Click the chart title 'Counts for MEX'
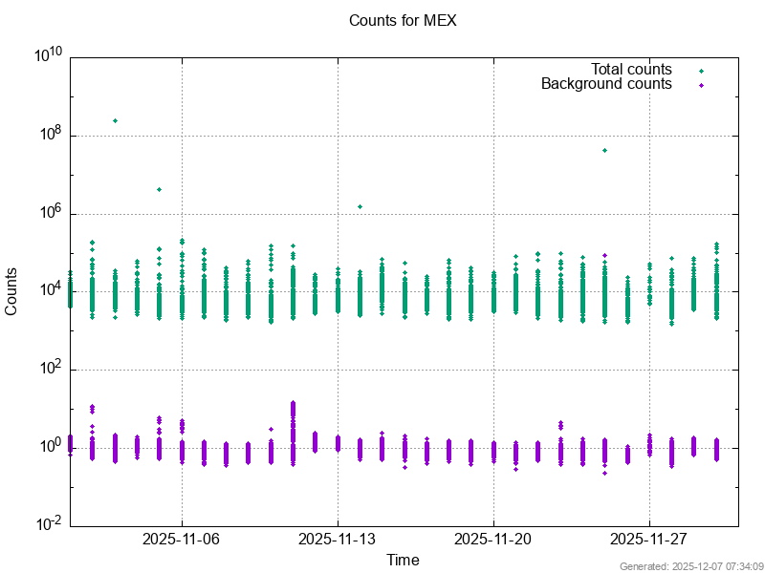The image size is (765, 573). click(x=403, y=20)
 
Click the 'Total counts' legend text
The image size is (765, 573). click(x=631, y=69)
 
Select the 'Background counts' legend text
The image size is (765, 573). click(x=606, y=84)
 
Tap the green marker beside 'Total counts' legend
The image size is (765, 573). click(x=701, y=70)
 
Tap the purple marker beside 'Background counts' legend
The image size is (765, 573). click(x=701, y=85)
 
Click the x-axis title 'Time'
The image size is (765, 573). click(x=403, y=560)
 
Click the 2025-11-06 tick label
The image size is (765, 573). click(x=182, y=540)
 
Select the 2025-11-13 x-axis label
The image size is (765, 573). click(x=338, y=540)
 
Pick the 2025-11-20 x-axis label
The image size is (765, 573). click(x=493, y=540)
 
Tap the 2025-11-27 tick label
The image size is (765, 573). click(x=649, y=540)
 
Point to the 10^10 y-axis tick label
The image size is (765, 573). click(x=48, y=56)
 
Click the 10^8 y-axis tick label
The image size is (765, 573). click(x=48, y=135)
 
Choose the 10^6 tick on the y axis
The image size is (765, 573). click(x=48, y=213)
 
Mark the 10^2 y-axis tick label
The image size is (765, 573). click(x=48, y=370)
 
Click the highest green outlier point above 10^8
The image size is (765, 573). click(x=115, y=120)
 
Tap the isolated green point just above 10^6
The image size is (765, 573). click(x=360, y=206)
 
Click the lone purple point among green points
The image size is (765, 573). click(x=604, y=255)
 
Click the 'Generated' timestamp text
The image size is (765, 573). click(x=685, y=566)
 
